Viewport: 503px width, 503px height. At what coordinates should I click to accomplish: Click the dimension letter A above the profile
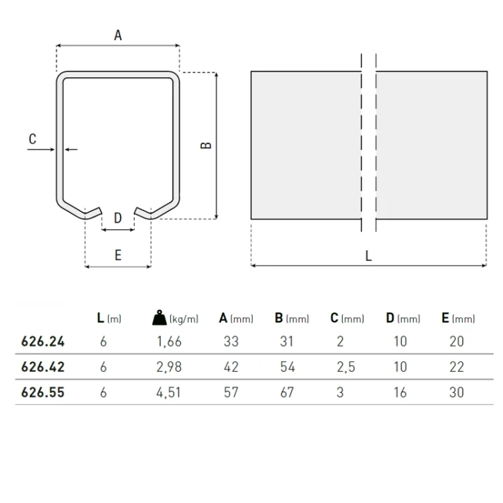[118, 36]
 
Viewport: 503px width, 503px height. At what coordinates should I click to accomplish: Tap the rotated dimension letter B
[206, 146]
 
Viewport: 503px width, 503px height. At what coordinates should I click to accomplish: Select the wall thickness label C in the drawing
[32, 139]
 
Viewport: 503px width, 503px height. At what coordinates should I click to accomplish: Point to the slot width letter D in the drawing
[118, 218]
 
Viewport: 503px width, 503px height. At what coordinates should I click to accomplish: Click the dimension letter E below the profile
[118, 256]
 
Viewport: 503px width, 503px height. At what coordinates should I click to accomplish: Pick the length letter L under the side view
[368, 256]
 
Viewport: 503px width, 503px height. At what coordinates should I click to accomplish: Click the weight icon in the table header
[160, 318]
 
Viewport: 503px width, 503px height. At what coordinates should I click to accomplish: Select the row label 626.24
[43, 341]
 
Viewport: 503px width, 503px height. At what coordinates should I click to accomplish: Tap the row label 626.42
[43, 367]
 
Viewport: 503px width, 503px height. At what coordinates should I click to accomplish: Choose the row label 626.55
[43, 392]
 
